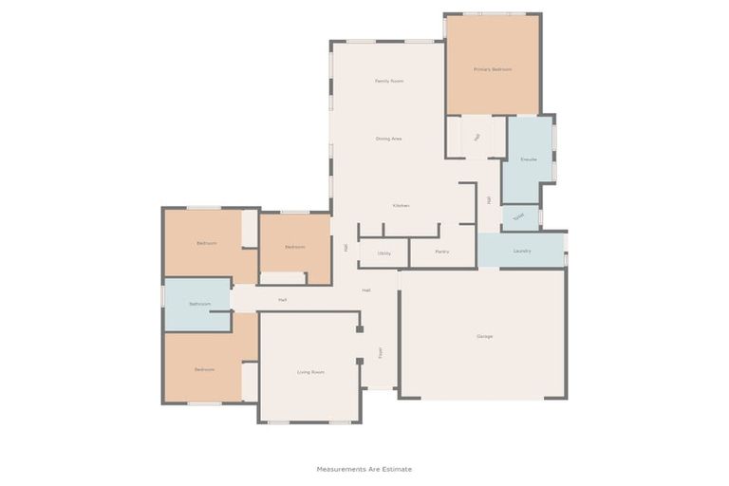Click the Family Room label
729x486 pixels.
389,82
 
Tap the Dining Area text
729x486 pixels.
389,140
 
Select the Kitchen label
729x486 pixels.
402,206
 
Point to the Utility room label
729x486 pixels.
384,253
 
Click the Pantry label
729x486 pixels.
441,252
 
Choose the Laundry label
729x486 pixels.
522,252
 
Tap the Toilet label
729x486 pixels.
518,216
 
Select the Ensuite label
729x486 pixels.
529,159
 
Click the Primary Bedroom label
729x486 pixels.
493,70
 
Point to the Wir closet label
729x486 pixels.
477,137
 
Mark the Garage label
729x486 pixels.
484,337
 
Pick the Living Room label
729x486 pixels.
310,372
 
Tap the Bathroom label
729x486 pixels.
199,304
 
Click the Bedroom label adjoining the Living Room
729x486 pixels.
205,369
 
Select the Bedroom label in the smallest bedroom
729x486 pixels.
295,247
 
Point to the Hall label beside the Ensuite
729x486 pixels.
489,200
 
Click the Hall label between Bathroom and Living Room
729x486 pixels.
283,300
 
